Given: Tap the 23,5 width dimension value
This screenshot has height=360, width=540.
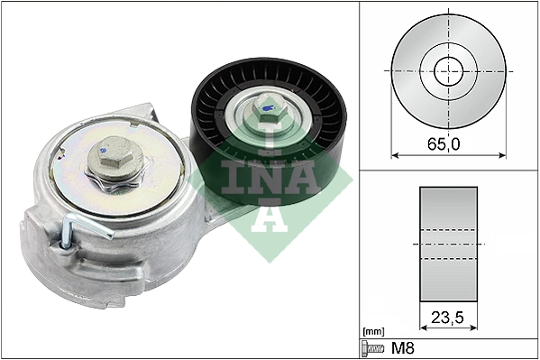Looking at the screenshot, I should point(447,318).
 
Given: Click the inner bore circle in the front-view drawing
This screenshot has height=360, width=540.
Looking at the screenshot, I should point(448,70).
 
